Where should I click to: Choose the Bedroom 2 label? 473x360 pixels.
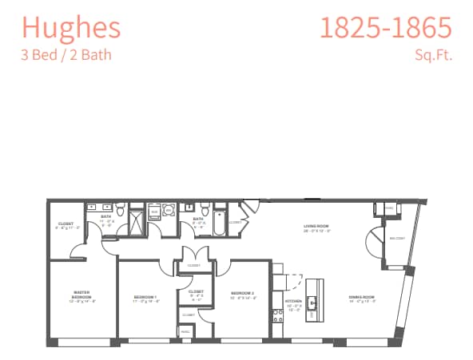click(x=242, y=295)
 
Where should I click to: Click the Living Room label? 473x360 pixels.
click(x=316, y=227)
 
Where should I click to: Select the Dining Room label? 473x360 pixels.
click(x=361, y=299)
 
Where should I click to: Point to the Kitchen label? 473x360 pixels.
click(x=293, y=303)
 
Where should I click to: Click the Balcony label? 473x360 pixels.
click(x=397, y=239)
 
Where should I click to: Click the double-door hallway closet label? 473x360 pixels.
click(x=193, y=265)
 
